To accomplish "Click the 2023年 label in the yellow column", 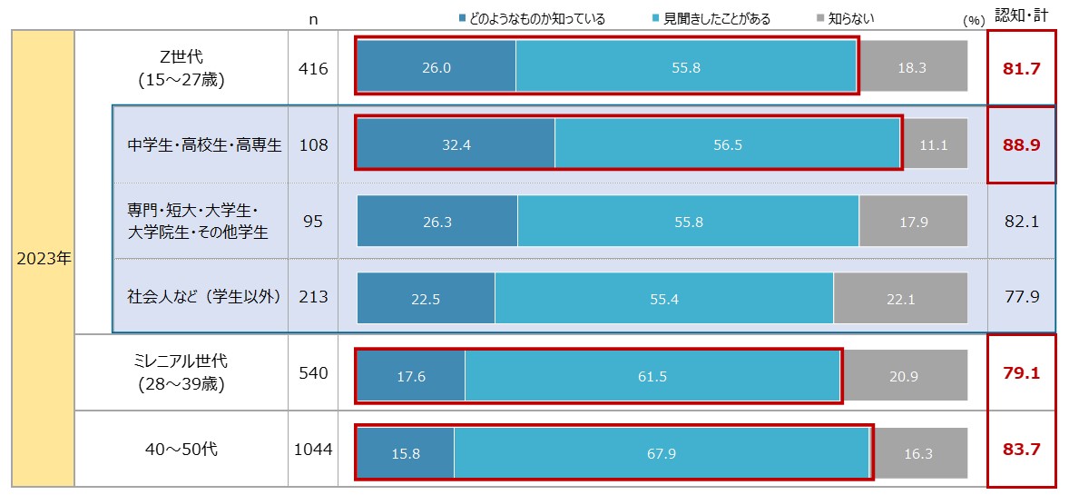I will (x=44, y=258).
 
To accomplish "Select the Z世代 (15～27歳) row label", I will (x=181, y=68).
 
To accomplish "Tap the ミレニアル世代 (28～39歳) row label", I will (x=181, y=373).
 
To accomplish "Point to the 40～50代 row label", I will (x=181, y=450).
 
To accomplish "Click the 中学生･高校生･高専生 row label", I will (x=205, y=144).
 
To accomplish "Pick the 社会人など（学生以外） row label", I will (x=204, y=297).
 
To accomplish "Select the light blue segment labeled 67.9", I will (x=662, y=453).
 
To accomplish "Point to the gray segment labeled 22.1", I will (x=900, y=299).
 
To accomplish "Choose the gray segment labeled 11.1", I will (x=934, y=144).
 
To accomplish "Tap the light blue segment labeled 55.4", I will (x=664, y=299).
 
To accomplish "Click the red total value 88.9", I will (x=1021, y=144).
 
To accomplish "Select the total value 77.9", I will (x=1021, y=297).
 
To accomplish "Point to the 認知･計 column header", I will (x=1021, y=15).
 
